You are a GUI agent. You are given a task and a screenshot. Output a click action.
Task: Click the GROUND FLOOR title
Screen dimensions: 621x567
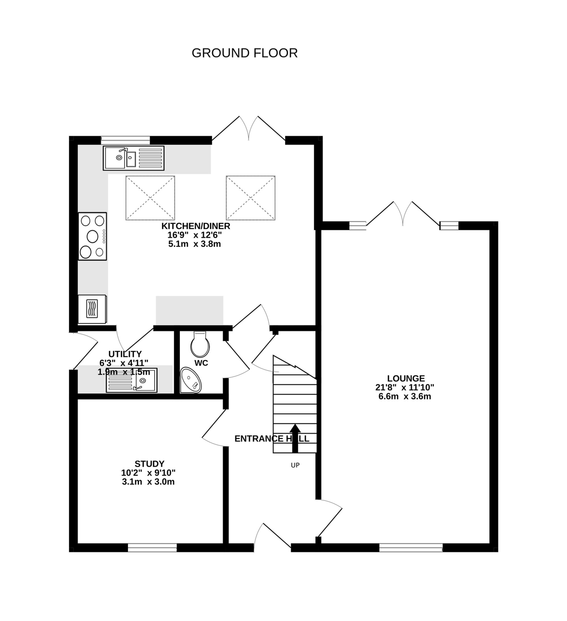point(245,53)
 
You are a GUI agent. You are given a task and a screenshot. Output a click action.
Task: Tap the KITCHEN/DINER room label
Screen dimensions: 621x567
point(196,226)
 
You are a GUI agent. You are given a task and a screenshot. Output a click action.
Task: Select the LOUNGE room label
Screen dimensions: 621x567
point(406,378)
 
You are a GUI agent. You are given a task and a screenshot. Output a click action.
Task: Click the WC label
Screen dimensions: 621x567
point(201,363)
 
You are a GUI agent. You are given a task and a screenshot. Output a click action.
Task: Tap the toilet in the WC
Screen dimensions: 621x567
point(200,344)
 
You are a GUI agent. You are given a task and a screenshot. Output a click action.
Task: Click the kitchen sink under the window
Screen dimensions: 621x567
point(133,158)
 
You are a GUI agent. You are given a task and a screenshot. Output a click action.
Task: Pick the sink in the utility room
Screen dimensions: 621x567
point(132,381)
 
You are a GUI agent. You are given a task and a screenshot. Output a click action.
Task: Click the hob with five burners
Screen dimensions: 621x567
point(92,236)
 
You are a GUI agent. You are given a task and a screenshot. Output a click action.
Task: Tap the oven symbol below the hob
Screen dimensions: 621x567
point(92,309)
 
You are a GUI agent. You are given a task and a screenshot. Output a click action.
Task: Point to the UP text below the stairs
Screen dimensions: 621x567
point(295,465)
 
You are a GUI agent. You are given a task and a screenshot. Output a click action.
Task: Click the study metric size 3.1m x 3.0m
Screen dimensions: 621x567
point(148,482)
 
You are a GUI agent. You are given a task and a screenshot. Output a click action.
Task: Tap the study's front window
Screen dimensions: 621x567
point(152,547)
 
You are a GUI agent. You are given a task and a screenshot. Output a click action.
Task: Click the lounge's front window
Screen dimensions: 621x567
point(411,547)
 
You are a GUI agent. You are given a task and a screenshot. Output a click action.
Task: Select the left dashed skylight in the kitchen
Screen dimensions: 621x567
point(150,198)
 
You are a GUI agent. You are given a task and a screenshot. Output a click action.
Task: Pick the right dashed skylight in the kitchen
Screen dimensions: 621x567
point(250,198)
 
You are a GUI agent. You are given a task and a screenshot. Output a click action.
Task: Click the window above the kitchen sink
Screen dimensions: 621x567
point(125,140)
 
